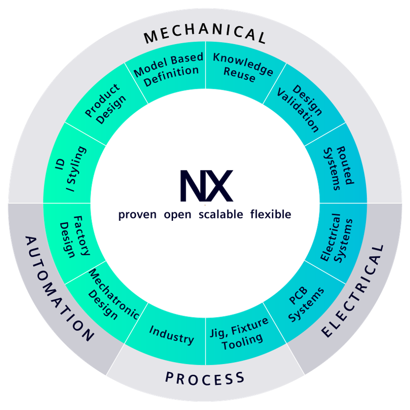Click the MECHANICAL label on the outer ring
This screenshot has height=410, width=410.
(x=205, y=35)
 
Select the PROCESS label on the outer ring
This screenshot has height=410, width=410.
(x=205, y=378)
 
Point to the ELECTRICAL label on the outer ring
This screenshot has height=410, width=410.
(x=353, y=291)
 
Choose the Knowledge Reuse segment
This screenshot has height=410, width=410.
(x=242, y=70)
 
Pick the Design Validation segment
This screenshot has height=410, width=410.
(x=305, y=108)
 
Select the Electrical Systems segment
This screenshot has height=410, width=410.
(x=337, y=237)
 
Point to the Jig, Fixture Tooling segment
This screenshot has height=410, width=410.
(x=240, y=333)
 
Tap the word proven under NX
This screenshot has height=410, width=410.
(x=137, y=215)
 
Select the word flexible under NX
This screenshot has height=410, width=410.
(x=271, y=215)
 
